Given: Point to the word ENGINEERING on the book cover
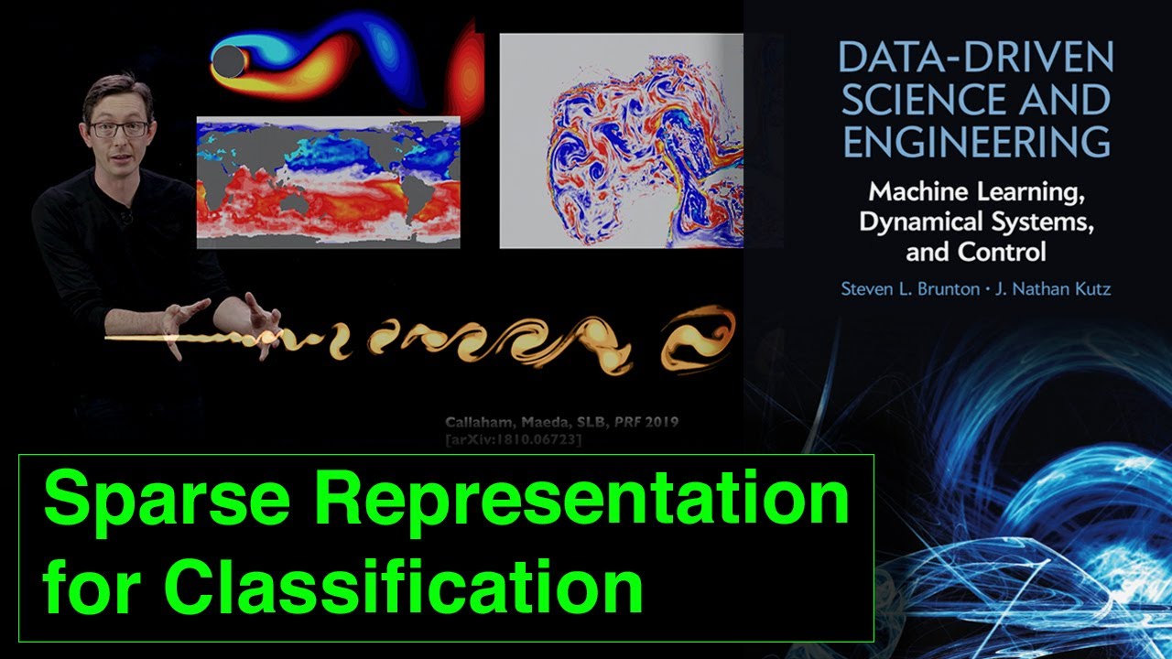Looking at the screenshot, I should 976,142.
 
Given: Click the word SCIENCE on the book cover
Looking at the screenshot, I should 918,100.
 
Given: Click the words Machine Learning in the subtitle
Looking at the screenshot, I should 974,194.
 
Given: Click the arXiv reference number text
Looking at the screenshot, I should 514,440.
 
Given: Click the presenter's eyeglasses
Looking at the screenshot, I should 119,129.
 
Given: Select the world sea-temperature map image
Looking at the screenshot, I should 328,181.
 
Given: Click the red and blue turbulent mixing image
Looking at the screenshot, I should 621,141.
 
